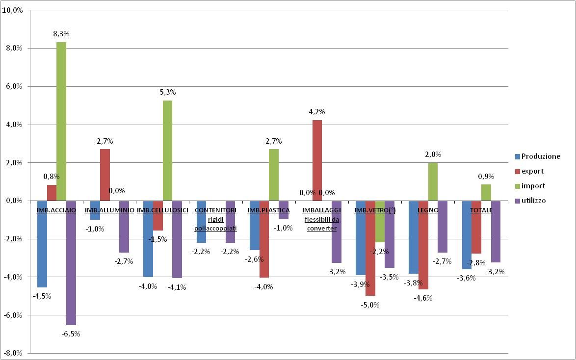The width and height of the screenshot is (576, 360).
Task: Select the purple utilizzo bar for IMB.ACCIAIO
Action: click(x=71, y=262)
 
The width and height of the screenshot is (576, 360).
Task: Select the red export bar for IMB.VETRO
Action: click(x=370, y=248)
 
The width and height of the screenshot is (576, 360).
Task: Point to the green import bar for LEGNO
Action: click(x=433, y=181)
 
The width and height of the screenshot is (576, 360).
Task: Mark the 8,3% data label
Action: click(x=61, y=34)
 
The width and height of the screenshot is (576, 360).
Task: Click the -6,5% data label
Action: click(x=71, y=334)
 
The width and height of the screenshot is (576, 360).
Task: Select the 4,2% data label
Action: click(x=317, y=112)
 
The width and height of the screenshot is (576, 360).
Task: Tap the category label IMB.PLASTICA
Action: click(x=268, y=210)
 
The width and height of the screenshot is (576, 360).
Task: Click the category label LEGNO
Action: click(x=428, y=210)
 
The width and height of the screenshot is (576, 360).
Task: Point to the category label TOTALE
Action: click(x=481, y=210)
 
